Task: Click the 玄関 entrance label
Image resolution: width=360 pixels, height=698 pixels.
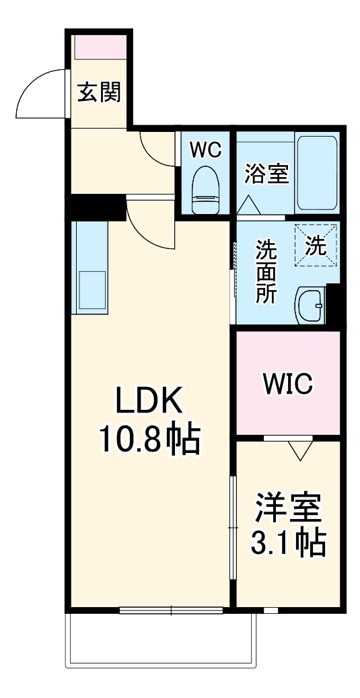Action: (x=98, y=93)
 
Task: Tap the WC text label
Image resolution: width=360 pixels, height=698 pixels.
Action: (x=205, y=150)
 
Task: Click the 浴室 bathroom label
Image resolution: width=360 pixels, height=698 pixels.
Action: (x=266, y=173)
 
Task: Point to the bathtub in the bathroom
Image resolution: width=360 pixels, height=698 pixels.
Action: (x=318, y=173)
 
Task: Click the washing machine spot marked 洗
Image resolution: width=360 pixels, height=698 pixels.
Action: (x=316, y=246)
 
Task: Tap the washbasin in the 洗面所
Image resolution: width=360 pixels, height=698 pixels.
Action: (x=311, y=306)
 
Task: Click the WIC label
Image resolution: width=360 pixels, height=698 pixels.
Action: (x=287, y=384)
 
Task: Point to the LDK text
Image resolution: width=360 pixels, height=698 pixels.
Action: (x=149, y=403)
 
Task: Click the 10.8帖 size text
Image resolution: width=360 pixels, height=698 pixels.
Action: (x=149, y=441)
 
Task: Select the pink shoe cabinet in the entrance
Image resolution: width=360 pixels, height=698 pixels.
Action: (x=100, y=48)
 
